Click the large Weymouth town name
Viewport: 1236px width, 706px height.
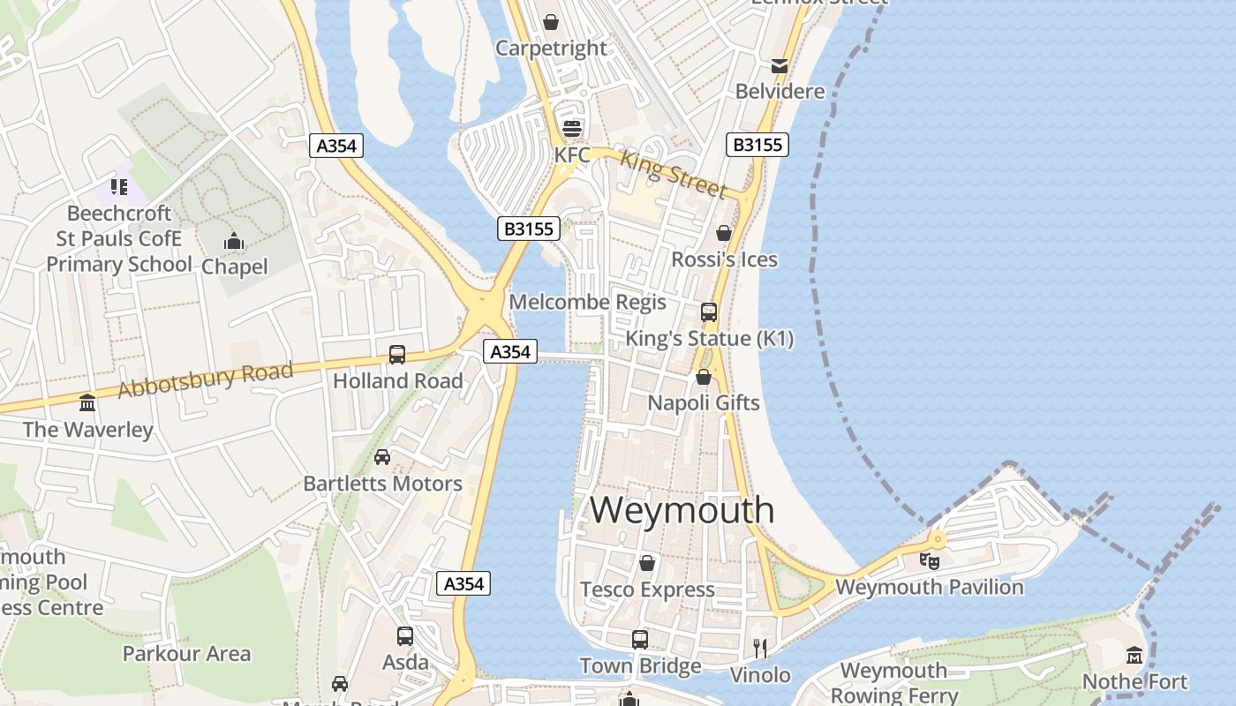click(682, 510)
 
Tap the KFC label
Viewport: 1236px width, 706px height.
click(571, 155)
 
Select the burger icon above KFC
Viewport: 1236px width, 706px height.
click(572, 129)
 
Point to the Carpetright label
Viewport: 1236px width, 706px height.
click(551, 49)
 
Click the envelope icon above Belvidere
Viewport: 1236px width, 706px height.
click(780, 66)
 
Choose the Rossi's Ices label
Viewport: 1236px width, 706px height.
click(724, 259)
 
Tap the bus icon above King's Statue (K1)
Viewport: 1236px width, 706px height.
click(708, 312)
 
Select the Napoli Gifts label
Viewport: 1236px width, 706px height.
click(703, 403)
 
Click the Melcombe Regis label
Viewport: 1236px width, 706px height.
click(587, 303)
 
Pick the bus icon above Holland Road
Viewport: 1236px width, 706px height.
click(397, 355)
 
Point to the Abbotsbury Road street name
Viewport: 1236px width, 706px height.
click(205, 379)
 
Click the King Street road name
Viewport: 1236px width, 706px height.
click(674, 174)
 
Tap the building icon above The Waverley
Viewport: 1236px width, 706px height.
click(87, 403)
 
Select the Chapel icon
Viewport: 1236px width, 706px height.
click(234, 241)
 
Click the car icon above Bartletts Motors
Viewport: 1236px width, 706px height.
click(382, 457)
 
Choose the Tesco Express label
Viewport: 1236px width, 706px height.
click(647, 590)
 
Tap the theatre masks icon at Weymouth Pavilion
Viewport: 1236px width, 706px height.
click(929, 560)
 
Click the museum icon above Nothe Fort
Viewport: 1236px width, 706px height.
click(1134, 656)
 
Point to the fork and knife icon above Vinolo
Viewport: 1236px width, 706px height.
click(759, 649)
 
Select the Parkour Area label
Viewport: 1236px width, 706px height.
click(186, 654)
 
